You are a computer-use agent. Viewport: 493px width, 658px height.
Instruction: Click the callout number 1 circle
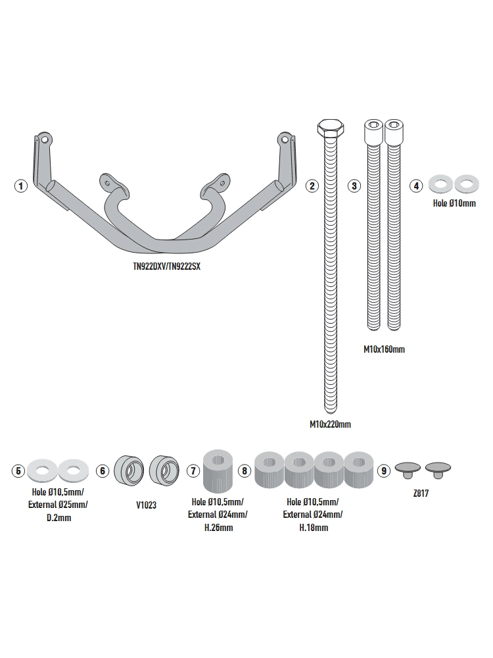21,186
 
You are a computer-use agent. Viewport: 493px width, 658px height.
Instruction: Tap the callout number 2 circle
313,186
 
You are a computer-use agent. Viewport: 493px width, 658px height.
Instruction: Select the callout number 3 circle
354,186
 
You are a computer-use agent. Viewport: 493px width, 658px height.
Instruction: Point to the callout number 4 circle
415,186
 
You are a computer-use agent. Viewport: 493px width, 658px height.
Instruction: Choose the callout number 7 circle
193,470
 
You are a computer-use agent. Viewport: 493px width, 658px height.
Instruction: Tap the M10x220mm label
330,424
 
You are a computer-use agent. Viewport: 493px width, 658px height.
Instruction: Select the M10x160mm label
384,349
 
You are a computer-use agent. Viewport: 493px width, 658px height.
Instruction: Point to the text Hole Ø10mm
454,203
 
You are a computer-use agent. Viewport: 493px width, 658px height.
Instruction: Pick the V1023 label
146,506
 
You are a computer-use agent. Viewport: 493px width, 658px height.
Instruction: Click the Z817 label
421,493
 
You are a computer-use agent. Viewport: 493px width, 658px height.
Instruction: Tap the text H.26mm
219,528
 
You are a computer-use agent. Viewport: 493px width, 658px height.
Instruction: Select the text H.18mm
313,528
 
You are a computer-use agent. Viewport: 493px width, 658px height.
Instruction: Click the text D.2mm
59,518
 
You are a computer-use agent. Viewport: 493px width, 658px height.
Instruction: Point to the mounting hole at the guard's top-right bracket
284,139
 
